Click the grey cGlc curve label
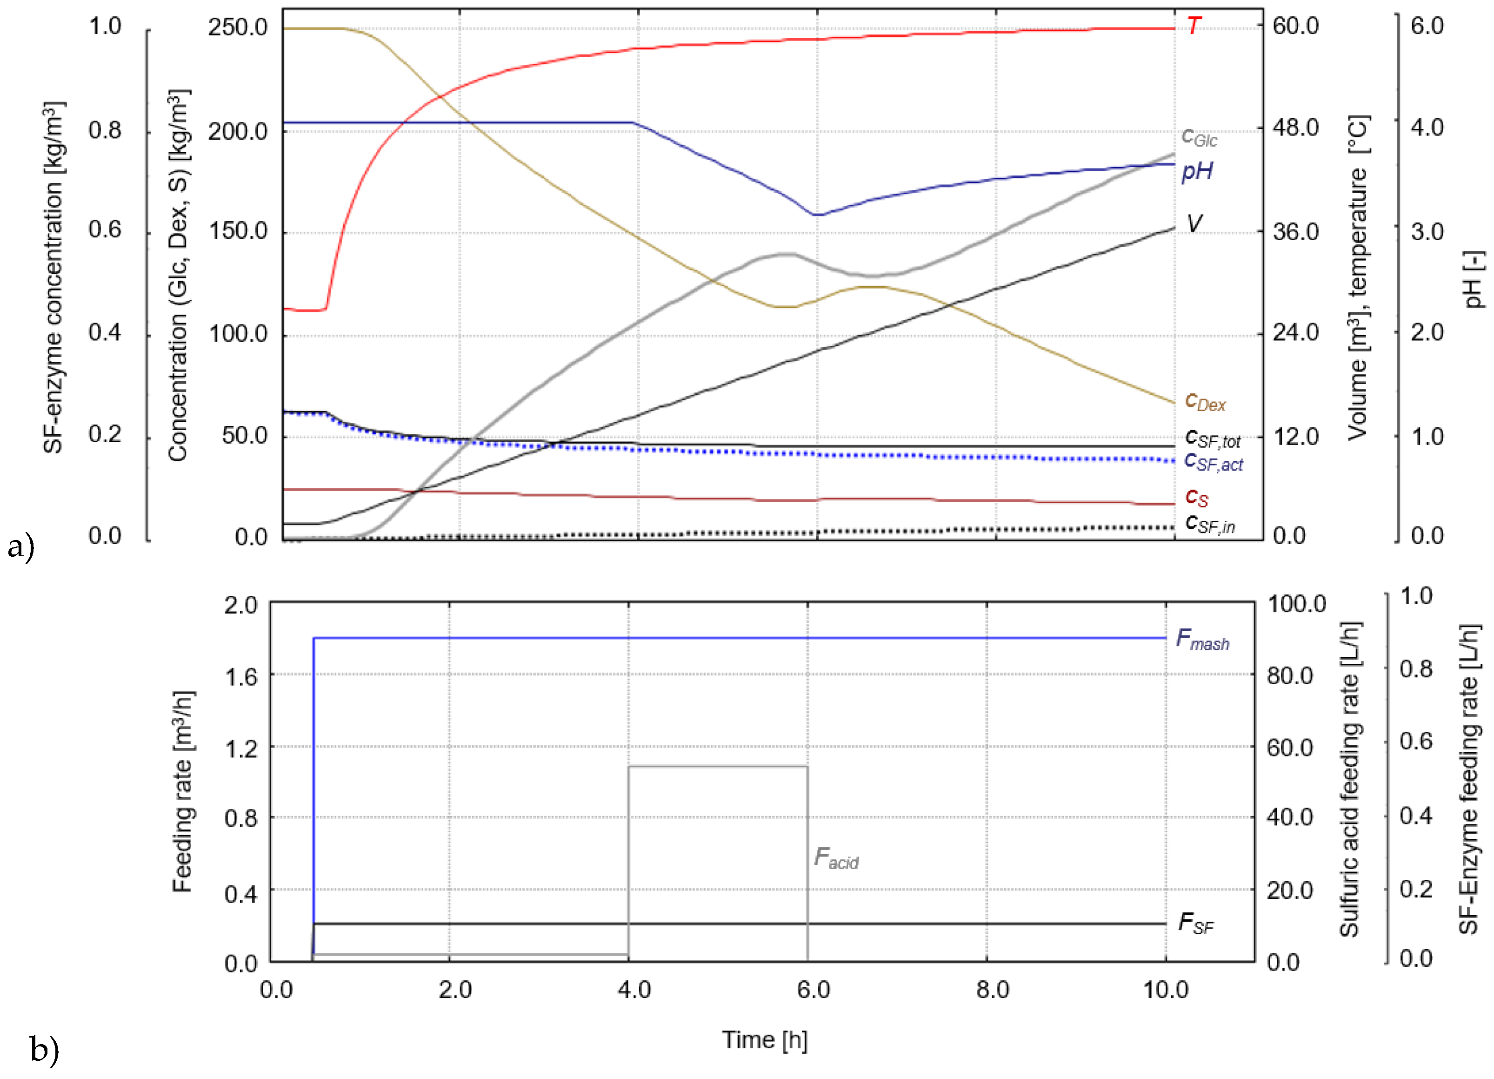point(1199,137)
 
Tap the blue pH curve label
point(1197,171)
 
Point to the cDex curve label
point(1204,401)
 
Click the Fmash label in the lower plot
point(1202,640)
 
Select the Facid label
point(835,858)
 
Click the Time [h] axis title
point(764,1039)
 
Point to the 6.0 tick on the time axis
point(813,990)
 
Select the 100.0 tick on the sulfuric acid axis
point(1296,604)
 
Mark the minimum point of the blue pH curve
point(817,215)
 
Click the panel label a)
point(21,546)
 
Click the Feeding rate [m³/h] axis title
point(182,791)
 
